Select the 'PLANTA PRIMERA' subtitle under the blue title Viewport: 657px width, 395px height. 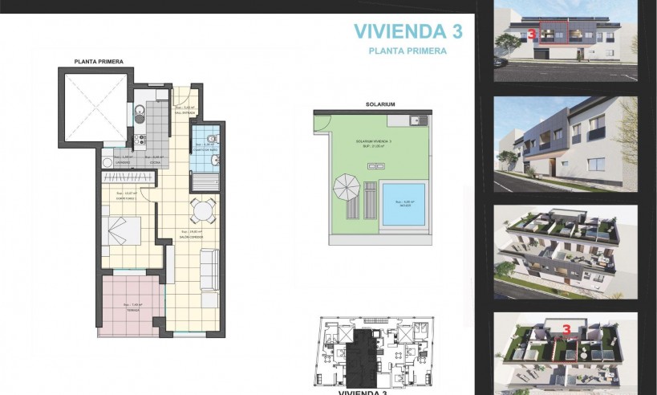(x=408, y=51)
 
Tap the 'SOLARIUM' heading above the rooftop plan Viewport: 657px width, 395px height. (x=370, y=104)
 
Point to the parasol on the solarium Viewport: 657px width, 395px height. (x=347, y=189)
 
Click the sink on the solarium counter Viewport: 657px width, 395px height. (x=416, y=121)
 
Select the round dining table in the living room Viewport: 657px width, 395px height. (x=201, y=212)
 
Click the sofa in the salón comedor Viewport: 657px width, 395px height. (x=209, y=270)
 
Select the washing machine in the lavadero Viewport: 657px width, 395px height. (x=107, y=161)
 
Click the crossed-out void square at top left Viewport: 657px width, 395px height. (x=95, y=100)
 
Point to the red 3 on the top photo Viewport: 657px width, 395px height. (x=533, y=35)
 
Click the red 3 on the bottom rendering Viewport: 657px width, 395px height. (x=566, y=329)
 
